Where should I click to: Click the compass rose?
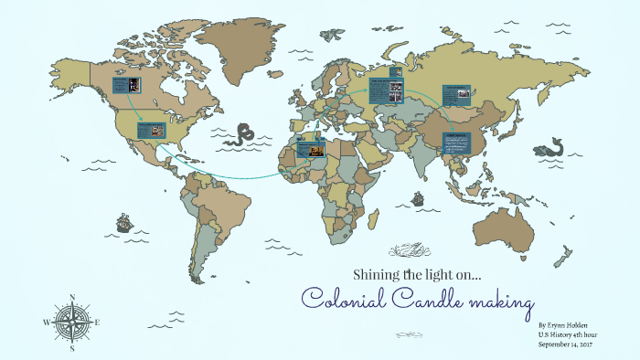(71, 322)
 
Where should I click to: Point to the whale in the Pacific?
(551, 147)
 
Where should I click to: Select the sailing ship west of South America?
(123, 222)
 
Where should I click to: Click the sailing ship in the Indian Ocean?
(418, 198)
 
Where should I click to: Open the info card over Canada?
(125, 85)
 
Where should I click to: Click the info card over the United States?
(152, 130)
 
